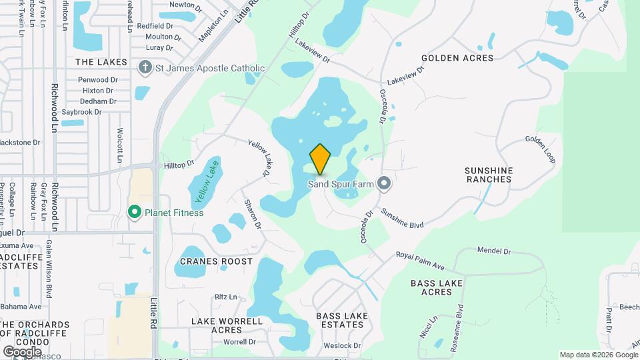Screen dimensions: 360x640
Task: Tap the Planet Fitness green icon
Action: [x=134, y=213]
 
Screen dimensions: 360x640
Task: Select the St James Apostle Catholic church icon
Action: [x=144, y=68]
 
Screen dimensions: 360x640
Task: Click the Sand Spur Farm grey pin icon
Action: [x=383, y=183]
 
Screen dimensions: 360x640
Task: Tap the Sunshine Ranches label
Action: [x=489, y=175]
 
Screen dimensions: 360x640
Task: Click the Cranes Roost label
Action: [x=215, y=261]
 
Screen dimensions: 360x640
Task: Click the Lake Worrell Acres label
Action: [x=227, y=325]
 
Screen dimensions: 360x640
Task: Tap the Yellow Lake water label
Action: [x=206, y=182]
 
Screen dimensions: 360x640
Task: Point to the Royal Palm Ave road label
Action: [x=420, y=261]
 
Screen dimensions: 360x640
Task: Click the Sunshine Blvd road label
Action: [x=402, y=219]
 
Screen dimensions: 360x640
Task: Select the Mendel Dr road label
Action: [x=493, y=251]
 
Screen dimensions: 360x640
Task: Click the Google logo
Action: [x=22, y=351]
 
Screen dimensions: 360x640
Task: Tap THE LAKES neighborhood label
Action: [x=101, y=62]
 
